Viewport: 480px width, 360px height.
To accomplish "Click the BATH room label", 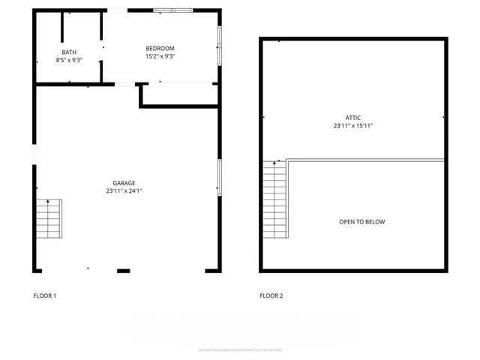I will (x=69, y=52).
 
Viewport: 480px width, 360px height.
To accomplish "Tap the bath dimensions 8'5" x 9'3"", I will (x=69, y=59).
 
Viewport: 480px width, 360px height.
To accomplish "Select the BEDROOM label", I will (x=160, y=48).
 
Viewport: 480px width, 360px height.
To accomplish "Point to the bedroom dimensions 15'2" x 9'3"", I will (x=160, y=56).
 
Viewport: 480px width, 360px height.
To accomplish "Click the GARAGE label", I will (x=124, y=183).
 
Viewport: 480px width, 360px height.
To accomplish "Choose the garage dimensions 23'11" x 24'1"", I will (x=124, y=191).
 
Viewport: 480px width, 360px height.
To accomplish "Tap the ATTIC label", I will (x=353, y=118).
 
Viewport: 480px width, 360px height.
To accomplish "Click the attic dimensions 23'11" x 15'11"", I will (x=353, y=126).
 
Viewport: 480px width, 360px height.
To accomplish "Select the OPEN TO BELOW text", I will (x=362, y=222).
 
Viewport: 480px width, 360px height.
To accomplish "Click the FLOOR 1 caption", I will (x=45, y=295).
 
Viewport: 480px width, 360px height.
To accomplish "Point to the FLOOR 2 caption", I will (x=271, y=295).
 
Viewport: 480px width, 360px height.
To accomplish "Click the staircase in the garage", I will (x=49, y=218).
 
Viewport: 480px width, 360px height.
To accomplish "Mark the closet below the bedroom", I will (x=179, y=94).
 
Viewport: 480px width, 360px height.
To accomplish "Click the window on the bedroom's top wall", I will (x=173, y=10).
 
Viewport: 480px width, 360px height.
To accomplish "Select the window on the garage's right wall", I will (x=220, y=178).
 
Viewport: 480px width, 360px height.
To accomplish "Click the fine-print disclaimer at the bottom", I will (x=240, y=349).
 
